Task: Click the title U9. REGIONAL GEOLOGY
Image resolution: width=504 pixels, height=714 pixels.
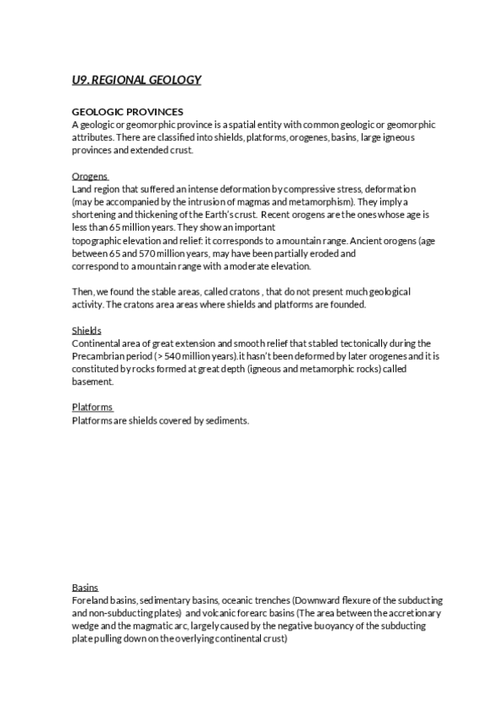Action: coord(136,80)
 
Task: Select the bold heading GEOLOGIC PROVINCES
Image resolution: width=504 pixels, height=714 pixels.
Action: coord(128,112)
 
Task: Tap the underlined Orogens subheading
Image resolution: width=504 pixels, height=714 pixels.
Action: coord(89,177)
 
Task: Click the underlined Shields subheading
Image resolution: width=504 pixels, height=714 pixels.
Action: coord(87,331)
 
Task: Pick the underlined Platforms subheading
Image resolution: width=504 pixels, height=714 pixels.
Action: coord(92,408)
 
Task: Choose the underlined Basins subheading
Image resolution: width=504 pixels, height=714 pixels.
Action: coord(85,587)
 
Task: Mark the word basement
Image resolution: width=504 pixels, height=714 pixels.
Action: coord(94,381)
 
